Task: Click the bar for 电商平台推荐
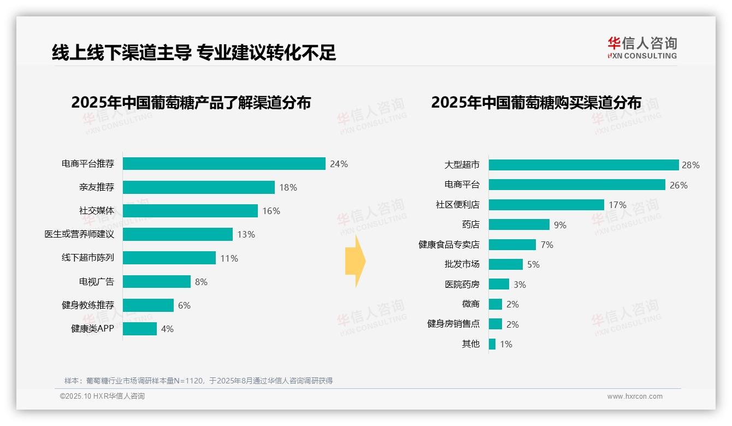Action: (224, 164)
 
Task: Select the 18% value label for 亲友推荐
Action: (288, 187)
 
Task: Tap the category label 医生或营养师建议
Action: (79, 234)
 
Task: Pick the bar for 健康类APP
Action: (140, 329)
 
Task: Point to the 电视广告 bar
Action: (157, 282)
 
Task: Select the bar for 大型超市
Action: (583, 165)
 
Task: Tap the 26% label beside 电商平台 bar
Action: (678, 185)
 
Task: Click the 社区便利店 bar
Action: (546, 205)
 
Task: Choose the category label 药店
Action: (470, 224)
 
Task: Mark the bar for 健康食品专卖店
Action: (512, 245)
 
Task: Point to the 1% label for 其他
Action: (506, 344)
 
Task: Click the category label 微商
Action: (470, 304)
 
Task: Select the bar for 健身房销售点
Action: (495, 324)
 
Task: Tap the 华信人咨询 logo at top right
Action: (642, 48)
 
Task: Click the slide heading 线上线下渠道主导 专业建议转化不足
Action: (194, 52)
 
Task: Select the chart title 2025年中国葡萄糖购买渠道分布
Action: (536, 103)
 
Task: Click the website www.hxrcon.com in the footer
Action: (635, 397)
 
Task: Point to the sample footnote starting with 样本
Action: (198, 381)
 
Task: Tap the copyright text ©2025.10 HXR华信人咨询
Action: (102, 397)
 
